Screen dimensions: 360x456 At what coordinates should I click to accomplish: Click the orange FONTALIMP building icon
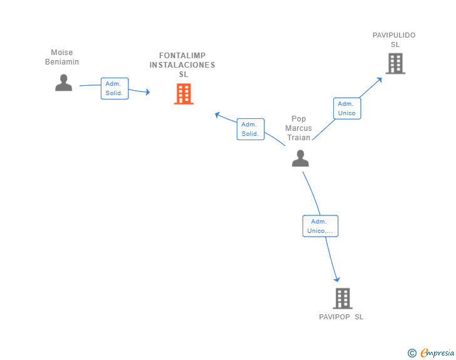tap(184, 94)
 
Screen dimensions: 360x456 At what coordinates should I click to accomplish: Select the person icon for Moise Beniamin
tap(63, 83)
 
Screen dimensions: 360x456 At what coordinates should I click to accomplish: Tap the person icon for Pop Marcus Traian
tap(301, 158)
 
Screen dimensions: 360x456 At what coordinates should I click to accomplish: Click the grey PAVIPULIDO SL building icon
tap(395, 63)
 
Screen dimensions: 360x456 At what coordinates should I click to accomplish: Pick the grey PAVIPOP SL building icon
tap(342, 298)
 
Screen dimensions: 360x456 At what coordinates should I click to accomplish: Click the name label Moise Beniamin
tap(62, 57)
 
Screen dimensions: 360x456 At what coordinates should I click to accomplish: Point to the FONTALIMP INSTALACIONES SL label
tap(182, 64)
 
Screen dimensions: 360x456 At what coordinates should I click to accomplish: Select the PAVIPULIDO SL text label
tap(394, 39)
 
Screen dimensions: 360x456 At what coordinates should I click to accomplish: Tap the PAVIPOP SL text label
tap(341, 317)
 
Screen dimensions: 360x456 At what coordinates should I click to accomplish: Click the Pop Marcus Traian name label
tap(299, 128)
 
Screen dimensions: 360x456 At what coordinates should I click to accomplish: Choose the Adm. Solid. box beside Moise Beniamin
tap(114, 88)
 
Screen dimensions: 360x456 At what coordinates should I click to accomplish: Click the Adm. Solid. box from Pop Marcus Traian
tap(251, 129)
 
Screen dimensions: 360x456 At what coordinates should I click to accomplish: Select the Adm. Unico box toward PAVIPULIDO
tap(346, 108)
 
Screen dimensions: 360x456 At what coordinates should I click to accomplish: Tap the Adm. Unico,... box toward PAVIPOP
tap(320, 226)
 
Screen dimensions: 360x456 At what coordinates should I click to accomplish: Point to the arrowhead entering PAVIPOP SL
tap(337, 279)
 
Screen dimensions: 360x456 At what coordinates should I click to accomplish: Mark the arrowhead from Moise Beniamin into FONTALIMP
tap(147, 92)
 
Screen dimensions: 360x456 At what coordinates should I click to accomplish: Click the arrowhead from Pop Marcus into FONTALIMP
tap(217, 115)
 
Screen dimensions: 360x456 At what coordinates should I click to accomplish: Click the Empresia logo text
tap(437, 353)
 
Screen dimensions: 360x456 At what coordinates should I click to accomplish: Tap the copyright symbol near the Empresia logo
tap(412, 353)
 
